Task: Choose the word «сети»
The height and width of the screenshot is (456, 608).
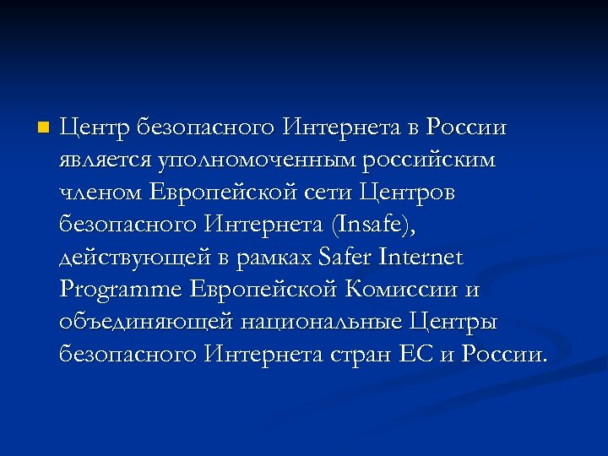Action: tap(328, 193)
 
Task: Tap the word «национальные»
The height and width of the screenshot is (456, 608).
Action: tap(319, 322)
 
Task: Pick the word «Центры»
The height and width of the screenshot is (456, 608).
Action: tap(453, 322)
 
